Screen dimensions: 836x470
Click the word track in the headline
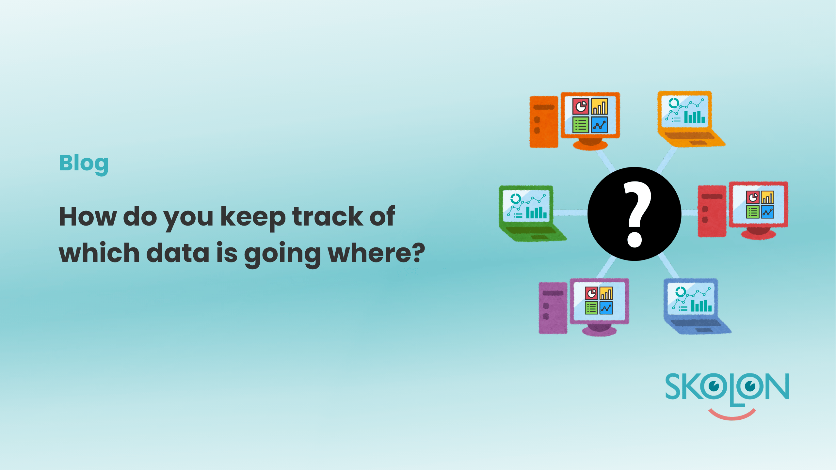coord(328,216)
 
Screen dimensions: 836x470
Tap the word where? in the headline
coord(377,253)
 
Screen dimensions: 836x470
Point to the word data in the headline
coord(178,253)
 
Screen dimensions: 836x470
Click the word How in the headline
coord(88,216)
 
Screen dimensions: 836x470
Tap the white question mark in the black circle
coord(637,214)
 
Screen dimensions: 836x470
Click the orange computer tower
coord(544,122)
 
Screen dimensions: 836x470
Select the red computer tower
coord(712,211)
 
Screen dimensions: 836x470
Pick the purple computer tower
coord(553,308)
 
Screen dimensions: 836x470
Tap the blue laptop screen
coord(691,299)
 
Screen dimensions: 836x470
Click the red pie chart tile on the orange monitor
coord(581,106)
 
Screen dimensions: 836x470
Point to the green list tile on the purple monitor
coord(591,308)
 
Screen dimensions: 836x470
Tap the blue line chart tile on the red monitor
coord(767,212)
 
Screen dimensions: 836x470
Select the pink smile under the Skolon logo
coord(732,415)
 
